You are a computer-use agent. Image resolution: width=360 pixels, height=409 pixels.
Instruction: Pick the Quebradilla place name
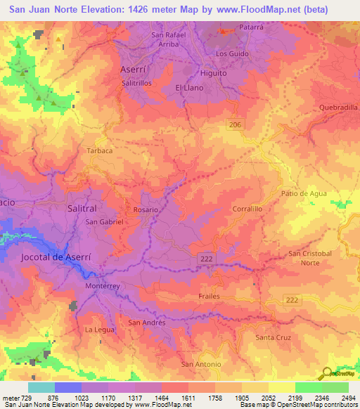point(338,108)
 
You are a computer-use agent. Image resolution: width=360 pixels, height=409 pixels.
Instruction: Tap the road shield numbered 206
point(236,124)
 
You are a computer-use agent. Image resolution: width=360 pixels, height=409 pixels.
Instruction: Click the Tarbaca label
point(99,151)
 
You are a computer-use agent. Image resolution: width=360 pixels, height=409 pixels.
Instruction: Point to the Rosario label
point(146,209)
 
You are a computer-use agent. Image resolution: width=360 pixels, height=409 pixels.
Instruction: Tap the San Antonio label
point(201,364)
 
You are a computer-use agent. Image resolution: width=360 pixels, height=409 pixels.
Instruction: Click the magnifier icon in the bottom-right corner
point(328,375)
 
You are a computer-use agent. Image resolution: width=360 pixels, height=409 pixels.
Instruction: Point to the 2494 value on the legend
point(347,398)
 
